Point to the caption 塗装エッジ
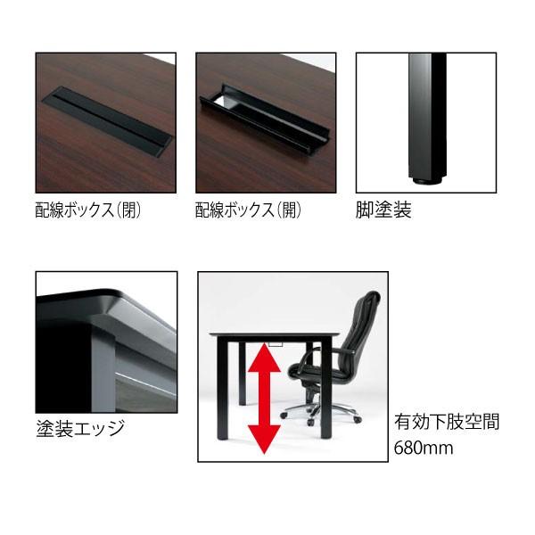click(x=79, y=428)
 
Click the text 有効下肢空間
click(x=446, y=422)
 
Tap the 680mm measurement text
click(x=424, y=447)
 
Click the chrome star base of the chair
click(x=322, y=413)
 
